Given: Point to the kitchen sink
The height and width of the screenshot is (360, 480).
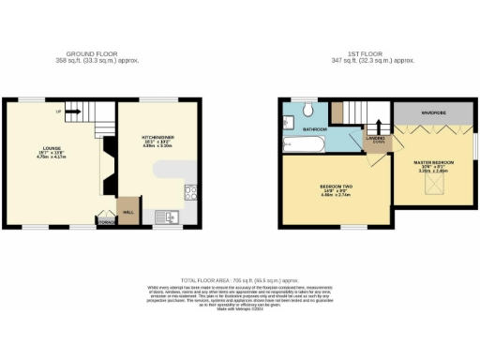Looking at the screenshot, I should [171, 217].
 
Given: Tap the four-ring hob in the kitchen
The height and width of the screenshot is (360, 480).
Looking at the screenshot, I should [190, 194].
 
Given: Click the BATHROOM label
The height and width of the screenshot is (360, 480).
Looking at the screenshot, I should [314, 128].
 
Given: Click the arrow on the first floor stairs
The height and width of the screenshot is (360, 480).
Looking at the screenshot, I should [377, 124].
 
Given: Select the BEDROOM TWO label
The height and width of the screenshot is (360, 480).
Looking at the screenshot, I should [334, 187].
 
